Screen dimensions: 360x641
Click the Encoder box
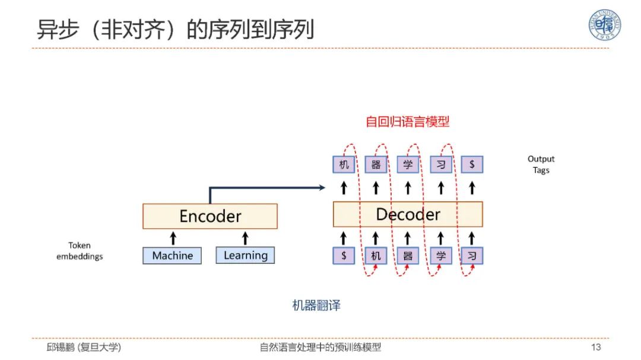pos(210,216)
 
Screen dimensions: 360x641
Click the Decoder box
pos(408,214)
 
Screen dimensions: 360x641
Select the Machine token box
pos(172,256)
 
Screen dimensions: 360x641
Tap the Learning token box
pos(245,256)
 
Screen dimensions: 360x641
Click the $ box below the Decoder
pos(344,256)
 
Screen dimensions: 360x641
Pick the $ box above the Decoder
pos(472,164)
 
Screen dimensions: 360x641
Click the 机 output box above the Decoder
pos(344,164)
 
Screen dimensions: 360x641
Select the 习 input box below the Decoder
pos(472,256)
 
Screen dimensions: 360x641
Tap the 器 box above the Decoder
pos(376,164)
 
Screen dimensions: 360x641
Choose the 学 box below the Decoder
pos(440,256)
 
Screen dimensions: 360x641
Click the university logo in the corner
pos(605,26)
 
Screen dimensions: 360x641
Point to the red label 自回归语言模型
pos(407,122)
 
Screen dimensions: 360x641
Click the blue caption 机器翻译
pos(316,306)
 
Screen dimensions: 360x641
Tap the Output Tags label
pos(541,164)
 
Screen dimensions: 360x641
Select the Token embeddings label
pos(80,251)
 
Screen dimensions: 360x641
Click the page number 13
pos(596,348)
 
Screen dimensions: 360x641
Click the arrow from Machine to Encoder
pos(173,238)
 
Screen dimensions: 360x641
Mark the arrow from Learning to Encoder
pos(245,238)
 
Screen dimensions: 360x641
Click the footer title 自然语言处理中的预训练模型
pos(320,348)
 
